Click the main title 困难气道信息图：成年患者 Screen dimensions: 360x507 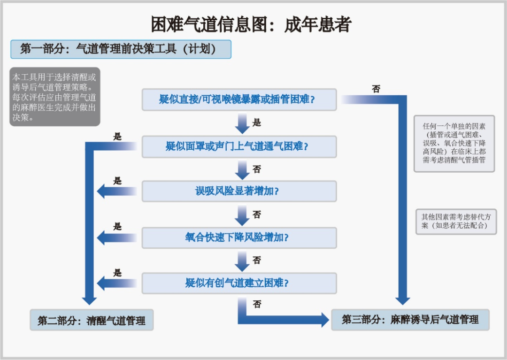[x=251, y=24]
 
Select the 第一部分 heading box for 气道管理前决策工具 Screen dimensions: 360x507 [x=121, y=49]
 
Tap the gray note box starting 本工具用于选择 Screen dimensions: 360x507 [x=55, y=98]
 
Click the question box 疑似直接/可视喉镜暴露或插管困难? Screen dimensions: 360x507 [x=239, y=100]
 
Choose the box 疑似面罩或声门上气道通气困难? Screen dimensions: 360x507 [x=239, y=146]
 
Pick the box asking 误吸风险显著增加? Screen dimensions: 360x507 [x=239, y=191]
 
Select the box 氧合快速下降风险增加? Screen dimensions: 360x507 [x=239, y=237]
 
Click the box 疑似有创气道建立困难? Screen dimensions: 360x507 [x=239, y=283]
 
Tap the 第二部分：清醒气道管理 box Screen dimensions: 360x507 [x=92, y=321]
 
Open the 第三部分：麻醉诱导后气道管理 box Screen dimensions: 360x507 [x=410, y=320]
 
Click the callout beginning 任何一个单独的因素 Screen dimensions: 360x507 [x=454, y=143]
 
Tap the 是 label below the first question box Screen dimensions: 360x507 [x=257, y=123]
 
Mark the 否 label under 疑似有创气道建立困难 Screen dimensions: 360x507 [x=257, y=304]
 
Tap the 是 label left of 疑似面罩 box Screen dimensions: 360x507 [x=117, y=137]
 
